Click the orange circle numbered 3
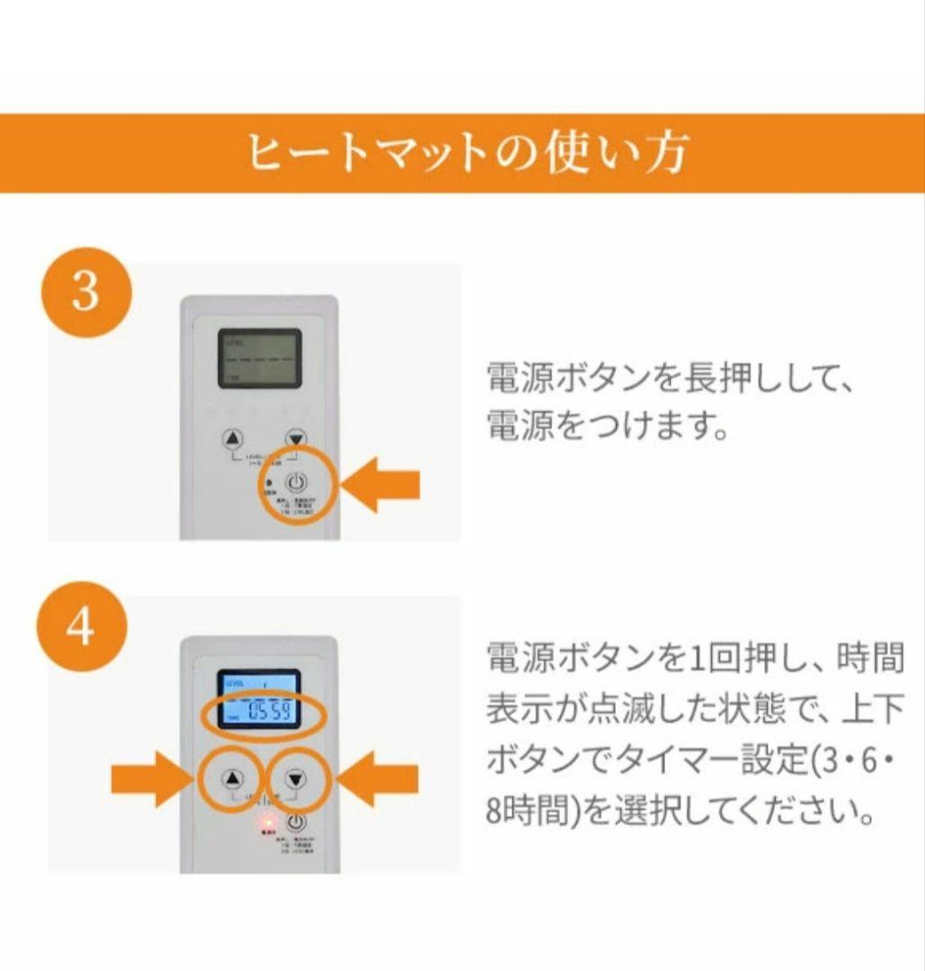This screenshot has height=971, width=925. [85, 292]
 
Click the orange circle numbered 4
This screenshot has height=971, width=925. [80, 628]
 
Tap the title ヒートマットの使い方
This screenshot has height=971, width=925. [467, 154]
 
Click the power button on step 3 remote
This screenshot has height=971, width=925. [297, 483]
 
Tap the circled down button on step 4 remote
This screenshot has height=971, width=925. [296, 778]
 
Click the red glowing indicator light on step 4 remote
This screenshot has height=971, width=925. [267, 823]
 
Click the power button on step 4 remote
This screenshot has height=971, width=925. [296, 821]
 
